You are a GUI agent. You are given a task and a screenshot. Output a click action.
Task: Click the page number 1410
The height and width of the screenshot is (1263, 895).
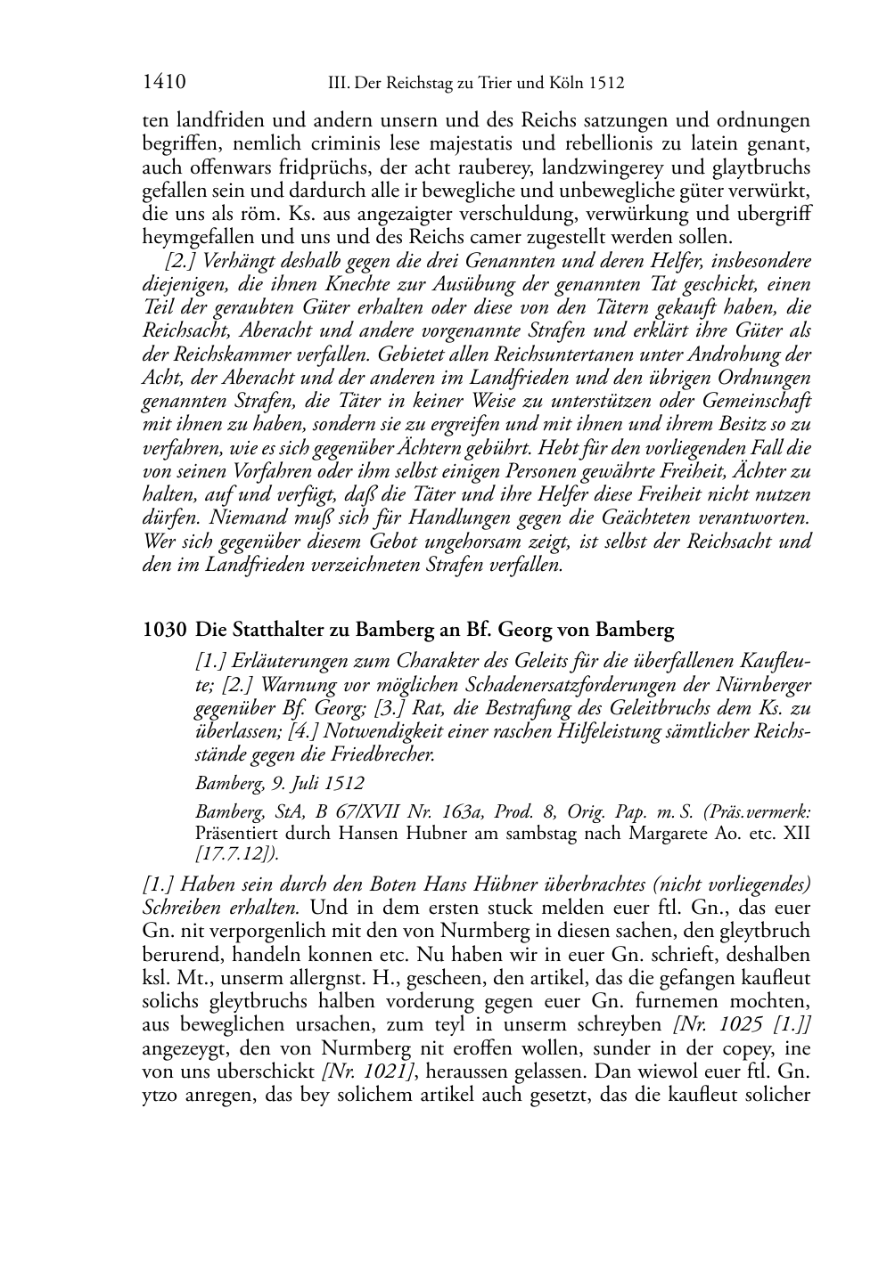pyautogui.click(x=163, y=84)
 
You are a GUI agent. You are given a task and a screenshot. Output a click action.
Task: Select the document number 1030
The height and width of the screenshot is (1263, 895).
pyautogui.click(x=164, y=631)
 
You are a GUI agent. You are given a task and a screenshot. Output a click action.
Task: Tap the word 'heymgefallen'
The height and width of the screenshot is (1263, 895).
pyautogui.click(x=188, y=237)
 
